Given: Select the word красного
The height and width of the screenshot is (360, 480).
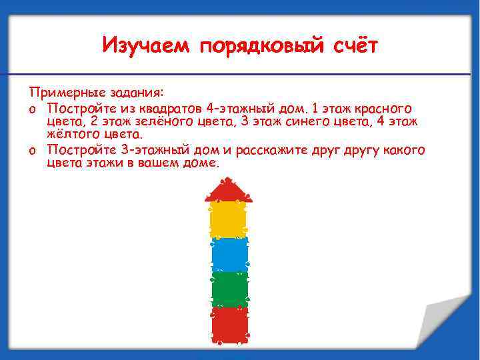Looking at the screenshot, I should coord(382,108).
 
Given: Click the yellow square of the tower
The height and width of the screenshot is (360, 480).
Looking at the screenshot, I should coord(229,219).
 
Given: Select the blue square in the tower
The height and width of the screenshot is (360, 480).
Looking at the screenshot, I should coord(230,254).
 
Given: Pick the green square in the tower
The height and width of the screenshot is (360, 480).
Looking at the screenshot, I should coord(230,289).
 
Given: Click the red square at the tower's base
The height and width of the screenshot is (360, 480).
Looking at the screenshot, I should coord(230,323).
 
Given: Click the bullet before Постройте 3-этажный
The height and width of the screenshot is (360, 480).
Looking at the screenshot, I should coord(33,150).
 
